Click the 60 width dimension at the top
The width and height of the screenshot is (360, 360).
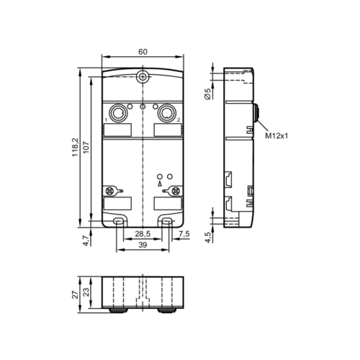click(x=143, y=52)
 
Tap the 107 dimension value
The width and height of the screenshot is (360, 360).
click(x=86, y=146)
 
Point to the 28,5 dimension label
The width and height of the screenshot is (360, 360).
click(x=143, y=234)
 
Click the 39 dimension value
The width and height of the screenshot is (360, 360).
click(x=142, y=246)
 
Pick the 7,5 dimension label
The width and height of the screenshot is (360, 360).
click(x=183, y=234)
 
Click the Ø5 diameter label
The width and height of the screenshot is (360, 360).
click(x=207, y=92)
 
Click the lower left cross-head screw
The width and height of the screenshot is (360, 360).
click(x=111, y=191)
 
